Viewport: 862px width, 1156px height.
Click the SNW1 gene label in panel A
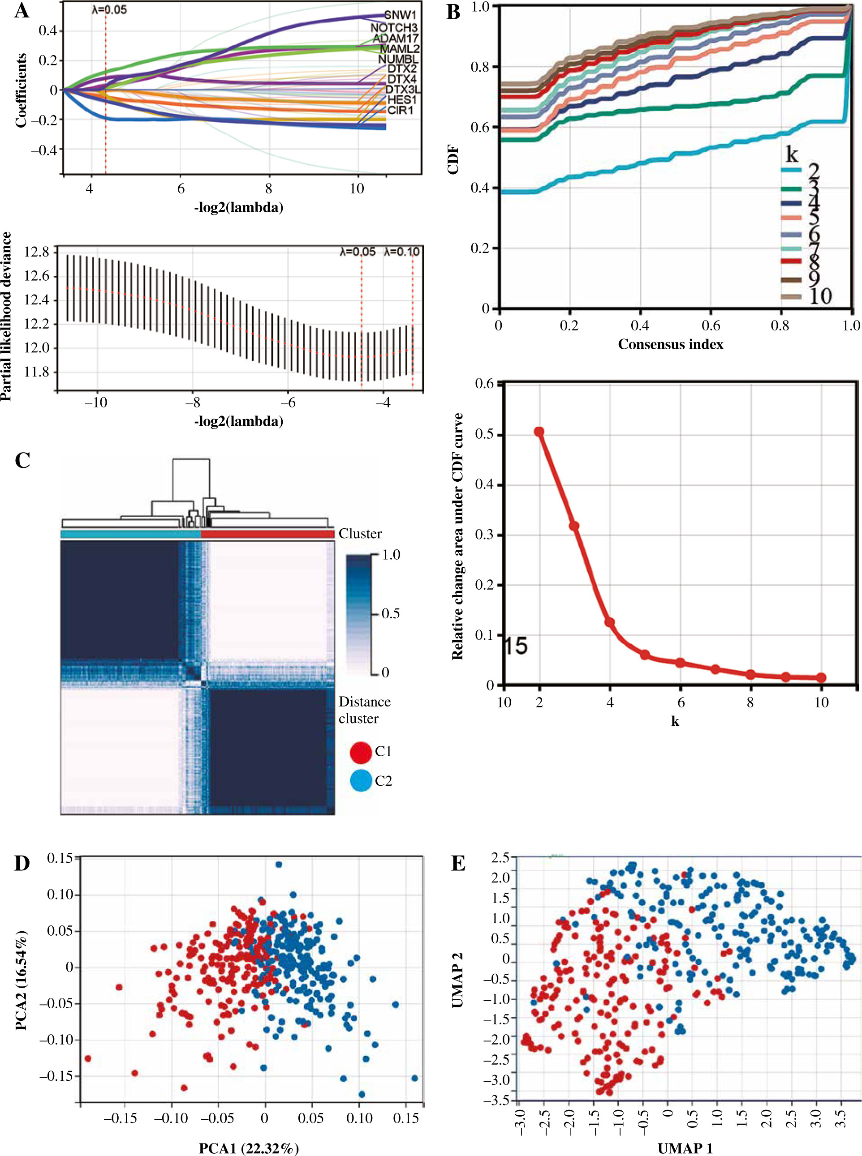click(400, 15)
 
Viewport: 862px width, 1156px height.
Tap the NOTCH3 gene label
click(394, 28)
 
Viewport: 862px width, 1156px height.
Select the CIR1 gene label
click(400, 110)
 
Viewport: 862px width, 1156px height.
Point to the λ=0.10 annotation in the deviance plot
click(401, 252)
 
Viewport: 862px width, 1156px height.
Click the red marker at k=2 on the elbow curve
click(539, 432)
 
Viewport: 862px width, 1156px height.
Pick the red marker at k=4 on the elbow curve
click(609, 623)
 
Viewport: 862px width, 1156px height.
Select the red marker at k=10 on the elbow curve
click(821, 678)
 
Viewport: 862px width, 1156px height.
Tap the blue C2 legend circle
click(361, 780)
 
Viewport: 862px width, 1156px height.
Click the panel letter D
click(22, 864)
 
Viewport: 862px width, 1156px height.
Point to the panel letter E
click(458, 864)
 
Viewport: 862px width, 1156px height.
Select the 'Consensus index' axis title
click(671, 344)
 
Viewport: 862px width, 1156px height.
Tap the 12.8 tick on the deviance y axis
click(37, 253)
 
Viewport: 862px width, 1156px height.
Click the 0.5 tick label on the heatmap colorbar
click(390, 614)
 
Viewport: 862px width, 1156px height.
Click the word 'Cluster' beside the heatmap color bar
click(360, 534)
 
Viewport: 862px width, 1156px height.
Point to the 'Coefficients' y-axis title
click(21, 90)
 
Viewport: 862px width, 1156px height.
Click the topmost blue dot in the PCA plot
click(278, 865)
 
